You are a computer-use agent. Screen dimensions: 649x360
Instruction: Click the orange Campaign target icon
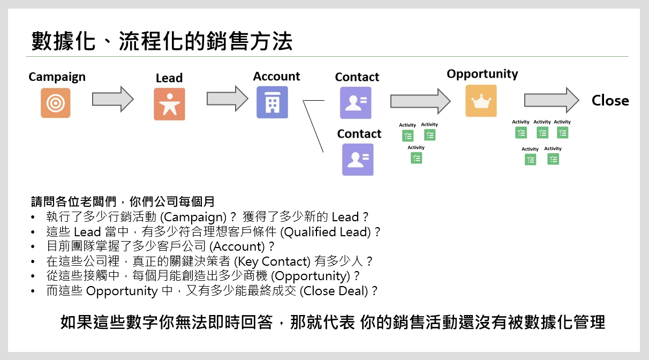click(56, 103)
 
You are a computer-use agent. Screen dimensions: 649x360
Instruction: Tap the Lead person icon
click(169, 104)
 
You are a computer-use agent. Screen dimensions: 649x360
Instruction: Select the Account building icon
click(272, 102)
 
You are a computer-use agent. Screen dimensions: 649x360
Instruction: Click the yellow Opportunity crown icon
click(481, 101)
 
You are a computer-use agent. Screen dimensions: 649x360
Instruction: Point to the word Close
click(610, 101)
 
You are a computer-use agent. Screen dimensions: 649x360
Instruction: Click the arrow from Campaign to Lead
click(112, 100)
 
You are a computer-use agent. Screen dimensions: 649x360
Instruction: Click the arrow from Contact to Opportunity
click(420, 101)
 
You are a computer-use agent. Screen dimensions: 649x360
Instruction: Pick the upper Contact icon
click(356, 103)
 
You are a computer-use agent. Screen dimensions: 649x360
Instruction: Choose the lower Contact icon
click(358, 160)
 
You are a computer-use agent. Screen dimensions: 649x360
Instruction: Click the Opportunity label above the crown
click(482, 74)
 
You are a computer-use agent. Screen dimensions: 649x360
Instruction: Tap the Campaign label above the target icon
click(57, 77)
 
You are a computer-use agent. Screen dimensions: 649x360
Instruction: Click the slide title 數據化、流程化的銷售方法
click(162, 41)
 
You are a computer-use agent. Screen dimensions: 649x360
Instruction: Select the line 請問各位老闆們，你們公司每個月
click(123, 202)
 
